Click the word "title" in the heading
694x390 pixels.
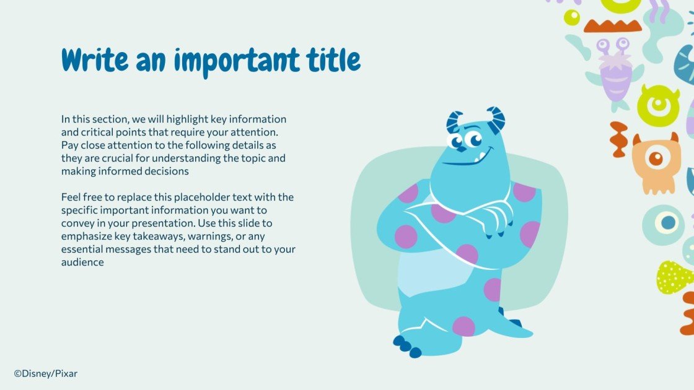click(333, 60)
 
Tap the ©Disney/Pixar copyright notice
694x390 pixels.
click(46, 373)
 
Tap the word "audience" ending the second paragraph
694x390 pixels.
click(82, 262)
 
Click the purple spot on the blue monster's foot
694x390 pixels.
click(463, 326)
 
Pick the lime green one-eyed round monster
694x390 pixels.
click(658, 105)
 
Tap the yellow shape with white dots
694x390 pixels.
click(674, 277)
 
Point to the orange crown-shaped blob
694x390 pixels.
click(612, 25)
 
